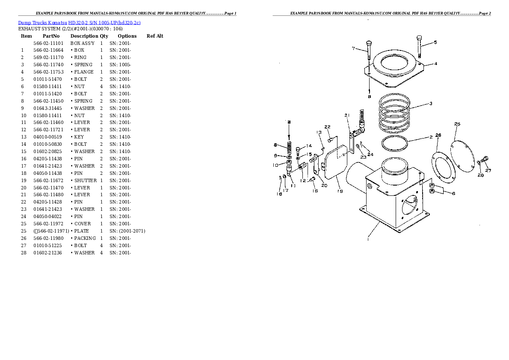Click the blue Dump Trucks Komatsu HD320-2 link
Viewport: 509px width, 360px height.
click(80, 22)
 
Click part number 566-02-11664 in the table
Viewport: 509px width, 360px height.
click(48, 50)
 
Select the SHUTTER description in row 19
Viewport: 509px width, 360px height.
click(86, 180)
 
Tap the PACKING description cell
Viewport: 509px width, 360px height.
click(85, 238)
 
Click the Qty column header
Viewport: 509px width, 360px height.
click(104, 36)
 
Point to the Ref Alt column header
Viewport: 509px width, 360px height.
click(155, 36)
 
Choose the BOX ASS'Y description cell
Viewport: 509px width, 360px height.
click(83, 43)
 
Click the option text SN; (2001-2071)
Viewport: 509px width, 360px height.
click(127, 231)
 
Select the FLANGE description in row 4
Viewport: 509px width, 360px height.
click(84, 72)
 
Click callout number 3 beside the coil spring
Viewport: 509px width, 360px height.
click(430, 103)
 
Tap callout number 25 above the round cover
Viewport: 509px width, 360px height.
click(457, 124)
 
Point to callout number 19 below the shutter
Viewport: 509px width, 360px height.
click(340, 191)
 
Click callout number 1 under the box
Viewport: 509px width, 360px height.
click(368, 239)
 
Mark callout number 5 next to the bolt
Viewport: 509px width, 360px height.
click(435, 42)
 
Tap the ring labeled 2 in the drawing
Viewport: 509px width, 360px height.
click(395, 144)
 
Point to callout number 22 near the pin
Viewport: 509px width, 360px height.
click(327, 127)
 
